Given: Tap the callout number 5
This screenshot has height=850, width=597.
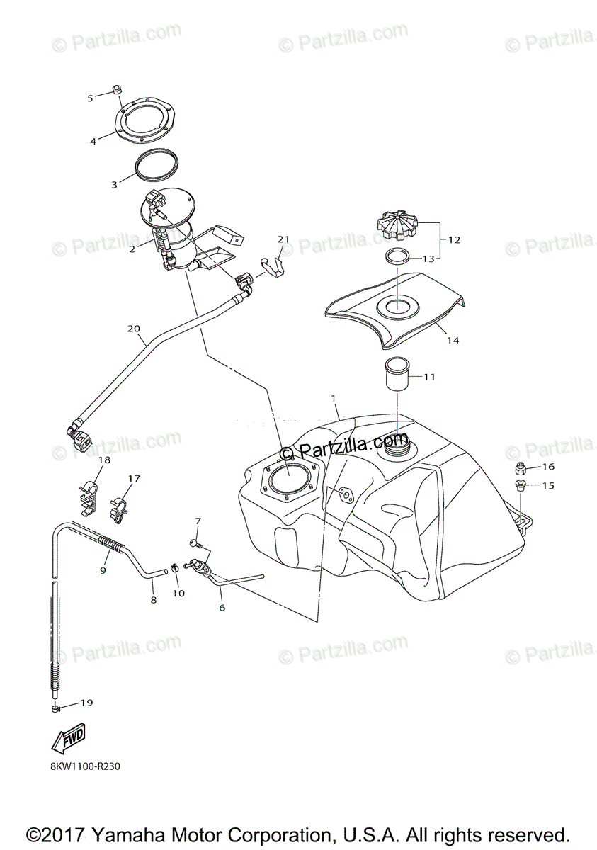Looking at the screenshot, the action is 90,98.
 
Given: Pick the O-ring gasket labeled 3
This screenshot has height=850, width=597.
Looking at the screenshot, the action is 157,165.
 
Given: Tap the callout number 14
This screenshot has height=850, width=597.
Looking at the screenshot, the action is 453,340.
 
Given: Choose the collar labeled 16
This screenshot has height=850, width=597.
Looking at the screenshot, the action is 521,467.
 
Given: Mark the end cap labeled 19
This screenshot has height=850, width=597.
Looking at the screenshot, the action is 55,708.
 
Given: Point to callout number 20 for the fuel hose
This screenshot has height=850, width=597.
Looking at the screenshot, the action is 135,328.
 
